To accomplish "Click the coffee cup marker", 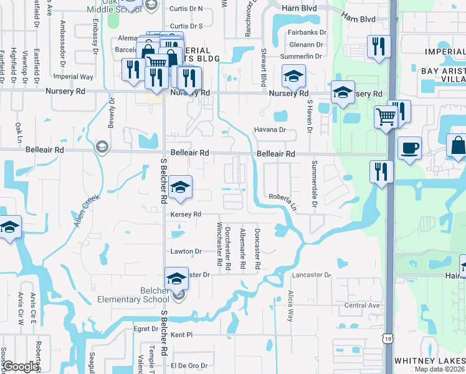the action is [409, 148].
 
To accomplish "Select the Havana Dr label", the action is [269, 130].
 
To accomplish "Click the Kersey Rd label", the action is [185, 214].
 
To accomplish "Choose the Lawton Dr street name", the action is [186, 251].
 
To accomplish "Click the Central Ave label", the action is [362, 305].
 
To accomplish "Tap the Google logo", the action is [21, 367].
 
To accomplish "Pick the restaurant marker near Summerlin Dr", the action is [379, 47].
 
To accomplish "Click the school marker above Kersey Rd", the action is [180, 187].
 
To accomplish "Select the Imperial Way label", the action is [74, 77].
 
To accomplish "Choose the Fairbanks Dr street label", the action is [308, 32].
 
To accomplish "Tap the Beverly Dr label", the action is [112, 113].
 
